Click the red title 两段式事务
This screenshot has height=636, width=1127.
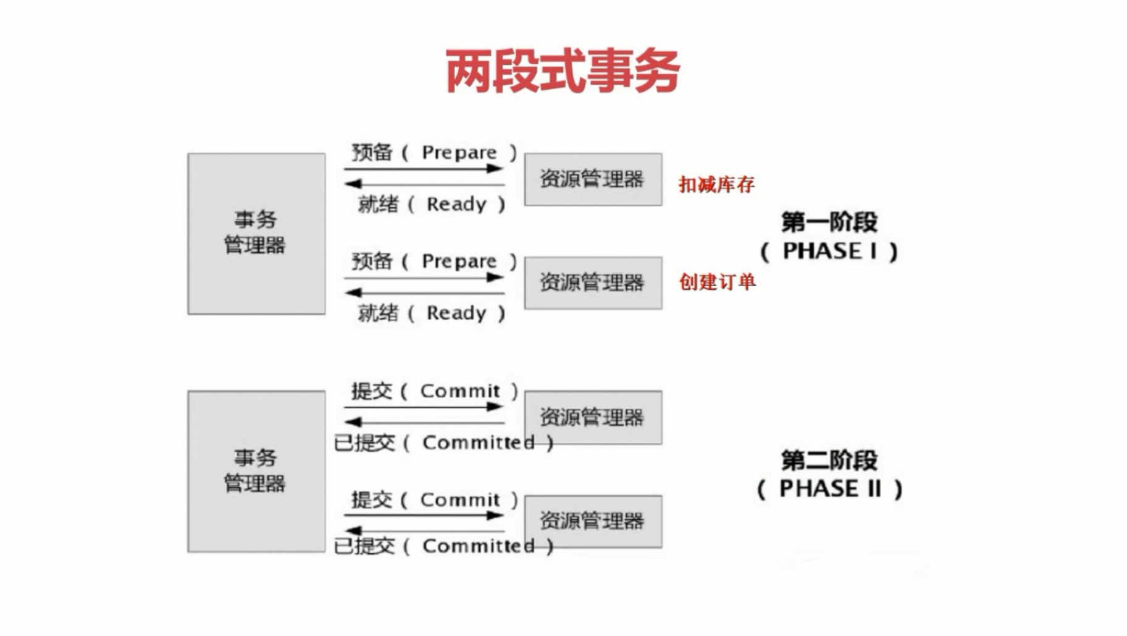point(563,71)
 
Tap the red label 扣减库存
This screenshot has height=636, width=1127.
point(716,184)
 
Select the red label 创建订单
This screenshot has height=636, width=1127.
point(717,282)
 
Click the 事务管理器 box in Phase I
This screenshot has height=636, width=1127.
point(256,234)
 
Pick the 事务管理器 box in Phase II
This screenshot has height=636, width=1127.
point(256,471)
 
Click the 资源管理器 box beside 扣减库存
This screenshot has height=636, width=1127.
point(593,179)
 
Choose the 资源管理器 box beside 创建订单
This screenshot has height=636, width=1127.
point(593,283)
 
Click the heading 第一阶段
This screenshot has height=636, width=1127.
point(829,222)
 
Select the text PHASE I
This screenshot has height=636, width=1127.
point(829,251)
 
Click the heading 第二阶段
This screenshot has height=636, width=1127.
point(829,460)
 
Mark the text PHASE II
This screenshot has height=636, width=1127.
point(829,489)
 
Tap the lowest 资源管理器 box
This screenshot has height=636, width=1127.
point(593,521)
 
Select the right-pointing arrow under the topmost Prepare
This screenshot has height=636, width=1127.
point(424,168)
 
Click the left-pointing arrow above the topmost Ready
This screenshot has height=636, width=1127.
point(424,184)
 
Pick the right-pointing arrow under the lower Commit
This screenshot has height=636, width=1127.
point(424,515)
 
